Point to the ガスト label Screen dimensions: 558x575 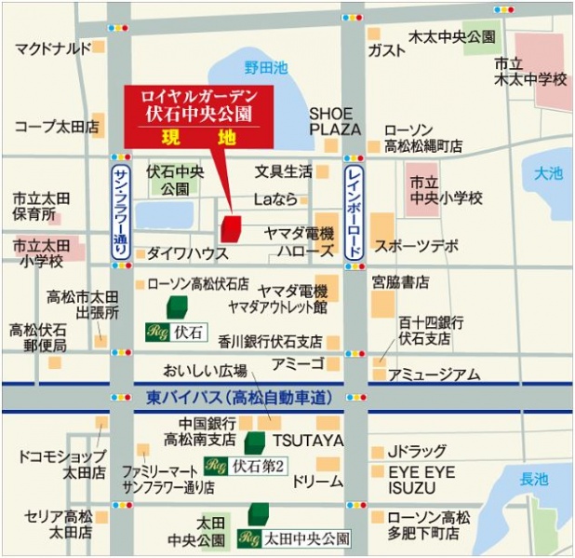(386, 50)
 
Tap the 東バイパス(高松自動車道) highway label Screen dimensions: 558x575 (239, 398)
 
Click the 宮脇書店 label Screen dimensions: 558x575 (400, 280)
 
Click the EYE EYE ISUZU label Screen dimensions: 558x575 (421, 481)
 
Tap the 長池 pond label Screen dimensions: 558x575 (534, 480)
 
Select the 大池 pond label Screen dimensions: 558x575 (549, 173)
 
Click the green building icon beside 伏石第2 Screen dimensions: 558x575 (255, 442)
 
